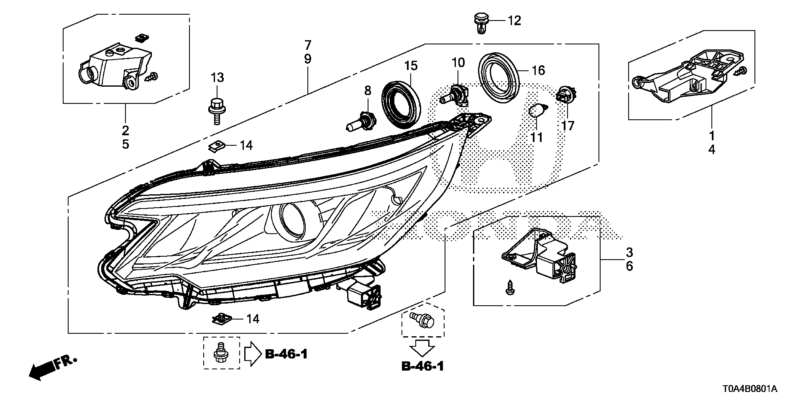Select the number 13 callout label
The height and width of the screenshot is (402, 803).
(217, 77)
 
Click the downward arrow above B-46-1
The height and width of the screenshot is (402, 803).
(423, 348)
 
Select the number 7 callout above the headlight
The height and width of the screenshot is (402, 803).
(307, 44)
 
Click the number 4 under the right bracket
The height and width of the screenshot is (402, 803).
(711, 149)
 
